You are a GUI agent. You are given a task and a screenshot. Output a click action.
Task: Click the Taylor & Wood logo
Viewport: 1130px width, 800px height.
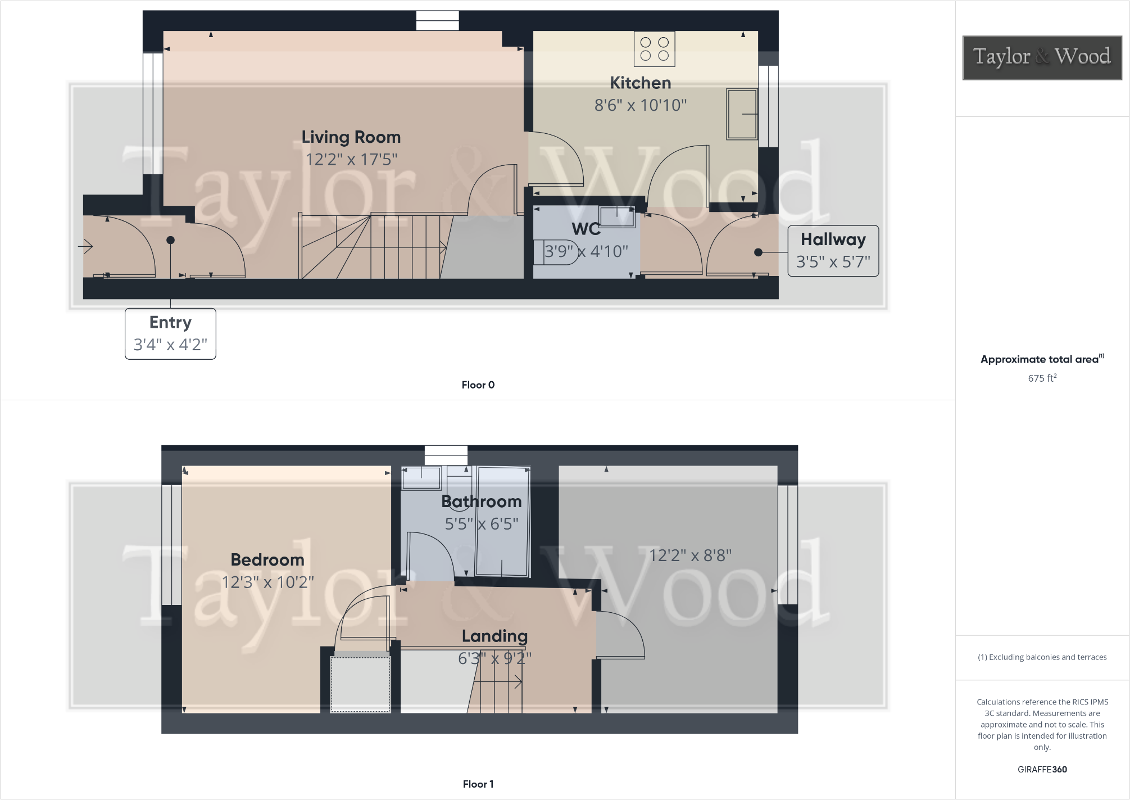(1042, 57)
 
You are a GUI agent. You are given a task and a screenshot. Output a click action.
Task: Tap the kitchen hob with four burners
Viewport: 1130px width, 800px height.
(654, 49)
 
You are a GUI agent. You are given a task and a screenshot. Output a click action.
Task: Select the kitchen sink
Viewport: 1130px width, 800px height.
(742, 114)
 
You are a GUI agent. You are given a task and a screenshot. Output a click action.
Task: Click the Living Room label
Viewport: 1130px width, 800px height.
(351, 137)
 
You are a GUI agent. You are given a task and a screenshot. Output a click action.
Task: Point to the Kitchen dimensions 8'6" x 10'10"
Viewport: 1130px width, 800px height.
(641, 105)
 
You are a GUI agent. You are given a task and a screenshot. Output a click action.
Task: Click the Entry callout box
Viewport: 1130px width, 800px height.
(170, 333)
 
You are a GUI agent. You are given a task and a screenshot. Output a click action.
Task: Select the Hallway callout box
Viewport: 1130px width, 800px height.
(833, 251)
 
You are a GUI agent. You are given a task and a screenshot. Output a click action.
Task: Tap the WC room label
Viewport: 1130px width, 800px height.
(586, 229)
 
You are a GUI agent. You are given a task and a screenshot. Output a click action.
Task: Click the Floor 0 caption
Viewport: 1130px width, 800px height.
(478, 385)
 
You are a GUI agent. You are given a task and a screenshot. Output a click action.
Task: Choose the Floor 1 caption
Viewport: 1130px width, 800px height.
(478, 784)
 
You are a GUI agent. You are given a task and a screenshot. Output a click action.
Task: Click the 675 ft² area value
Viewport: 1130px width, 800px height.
(1042, 378)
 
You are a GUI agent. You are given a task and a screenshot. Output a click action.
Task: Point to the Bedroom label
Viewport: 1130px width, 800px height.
(267, 560)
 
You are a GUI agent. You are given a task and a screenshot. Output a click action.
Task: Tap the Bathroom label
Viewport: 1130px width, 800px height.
(482, 501)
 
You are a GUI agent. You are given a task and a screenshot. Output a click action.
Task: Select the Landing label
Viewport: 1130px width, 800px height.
(494, 636)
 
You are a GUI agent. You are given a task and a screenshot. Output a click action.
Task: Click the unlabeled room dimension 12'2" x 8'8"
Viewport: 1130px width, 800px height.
(690, 555)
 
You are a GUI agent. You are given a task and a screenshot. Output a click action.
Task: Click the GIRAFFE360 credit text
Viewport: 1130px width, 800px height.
(1042, 770)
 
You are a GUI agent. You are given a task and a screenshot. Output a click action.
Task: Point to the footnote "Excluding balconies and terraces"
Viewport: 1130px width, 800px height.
(1042, 657)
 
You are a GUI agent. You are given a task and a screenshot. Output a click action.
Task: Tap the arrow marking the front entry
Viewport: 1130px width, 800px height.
(85, 246)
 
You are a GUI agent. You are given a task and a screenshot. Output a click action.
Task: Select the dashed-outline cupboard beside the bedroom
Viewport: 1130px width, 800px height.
(360, 684)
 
